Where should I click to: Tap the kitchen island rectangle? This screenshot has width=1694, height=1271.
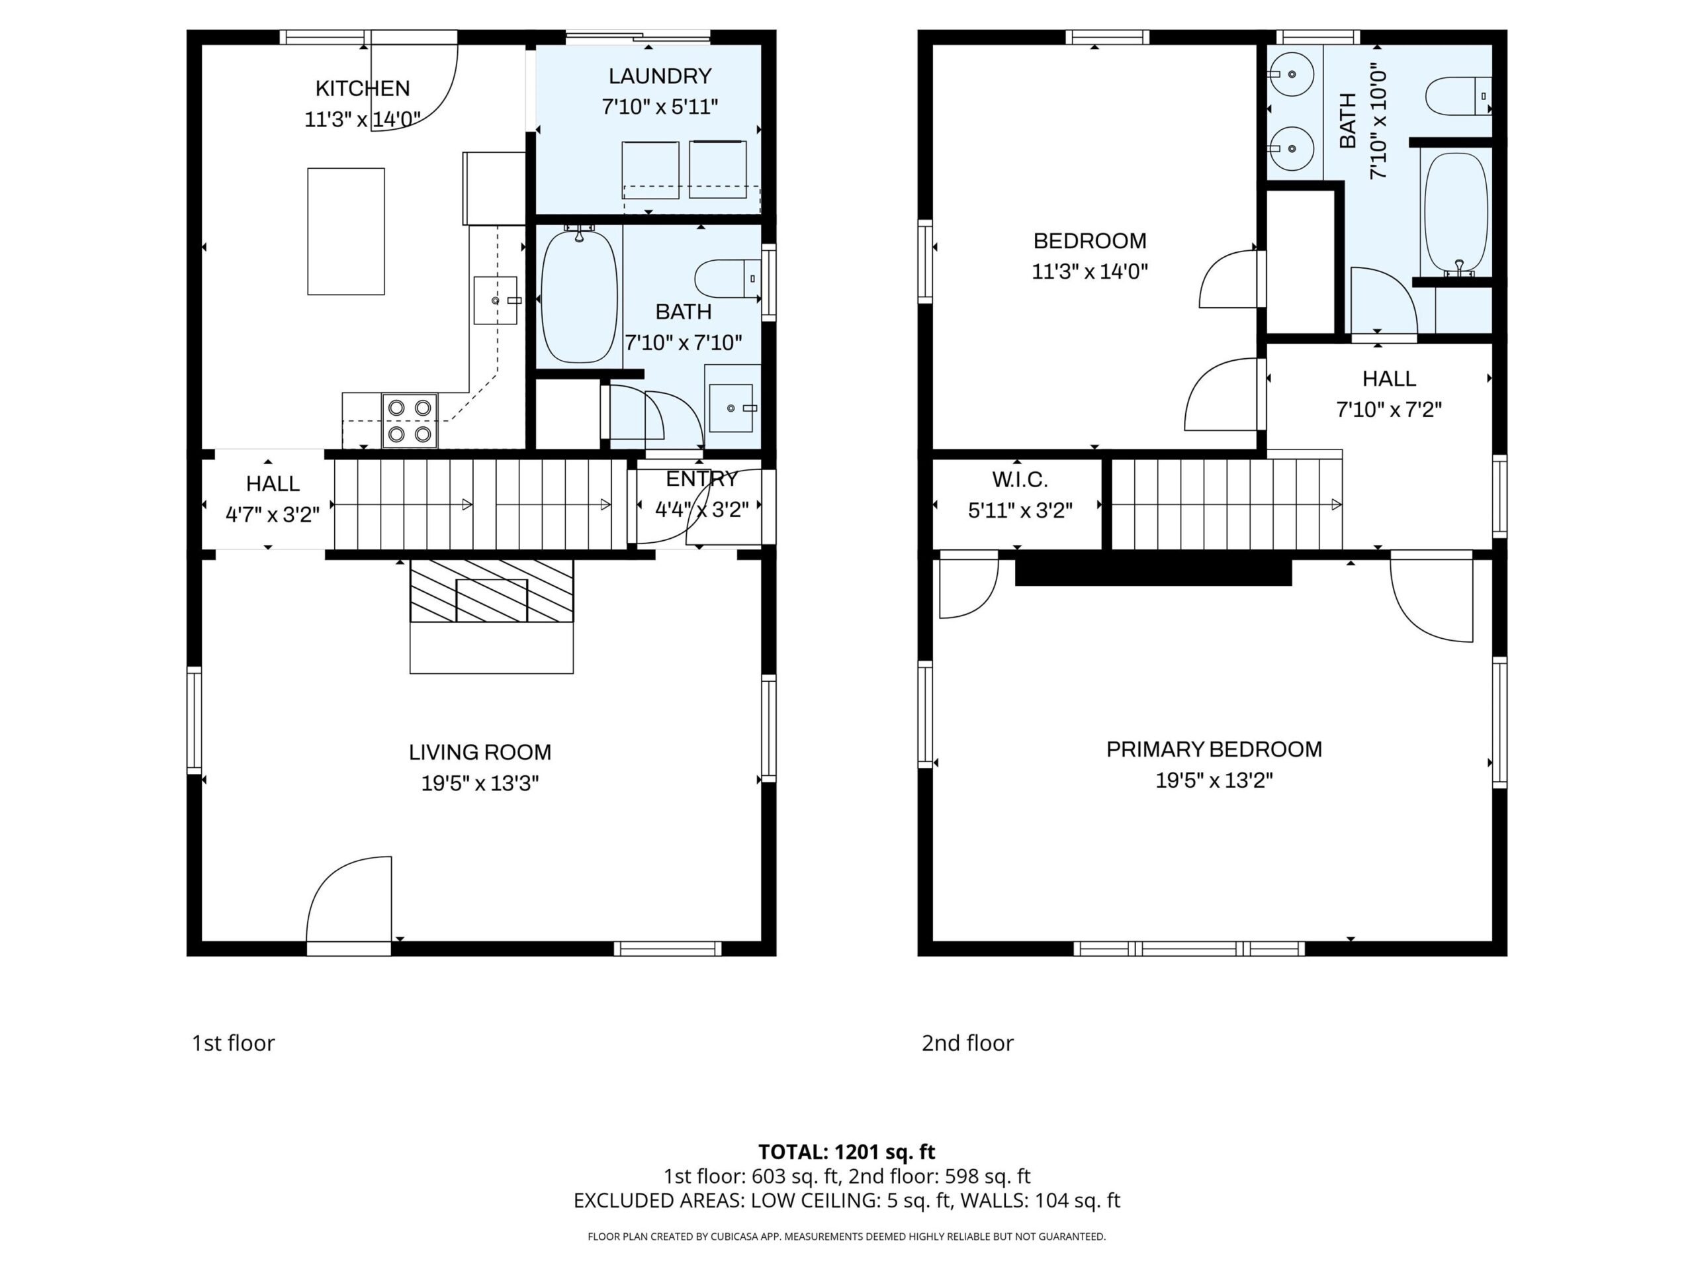346,232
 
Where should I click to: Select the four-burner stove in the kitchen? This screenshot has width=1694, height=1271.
410,420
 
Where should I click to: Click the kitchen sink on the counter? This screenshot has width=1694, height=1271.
496,301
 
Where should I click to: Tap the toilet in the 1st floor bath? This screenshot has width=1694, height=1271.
727,279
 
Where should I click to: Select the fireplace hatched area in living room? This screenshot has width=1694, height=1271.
492,590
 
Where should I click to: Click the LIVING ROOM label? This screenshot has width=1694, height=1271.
480,752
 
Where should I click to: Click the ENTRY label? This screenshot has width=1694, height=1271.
701,479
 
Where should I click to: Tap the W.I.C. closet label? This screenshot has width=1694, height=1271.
1019,479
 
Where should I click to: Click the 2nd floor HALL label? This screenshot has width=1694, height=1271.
1388,379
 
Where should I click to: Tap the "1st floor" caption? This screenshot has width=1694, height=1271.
233,1043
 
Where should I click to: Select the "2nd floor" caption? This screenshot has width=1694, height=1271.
967,1043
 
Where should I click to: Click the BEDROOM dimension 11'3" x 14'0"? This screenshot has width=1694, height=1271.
1090,271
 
